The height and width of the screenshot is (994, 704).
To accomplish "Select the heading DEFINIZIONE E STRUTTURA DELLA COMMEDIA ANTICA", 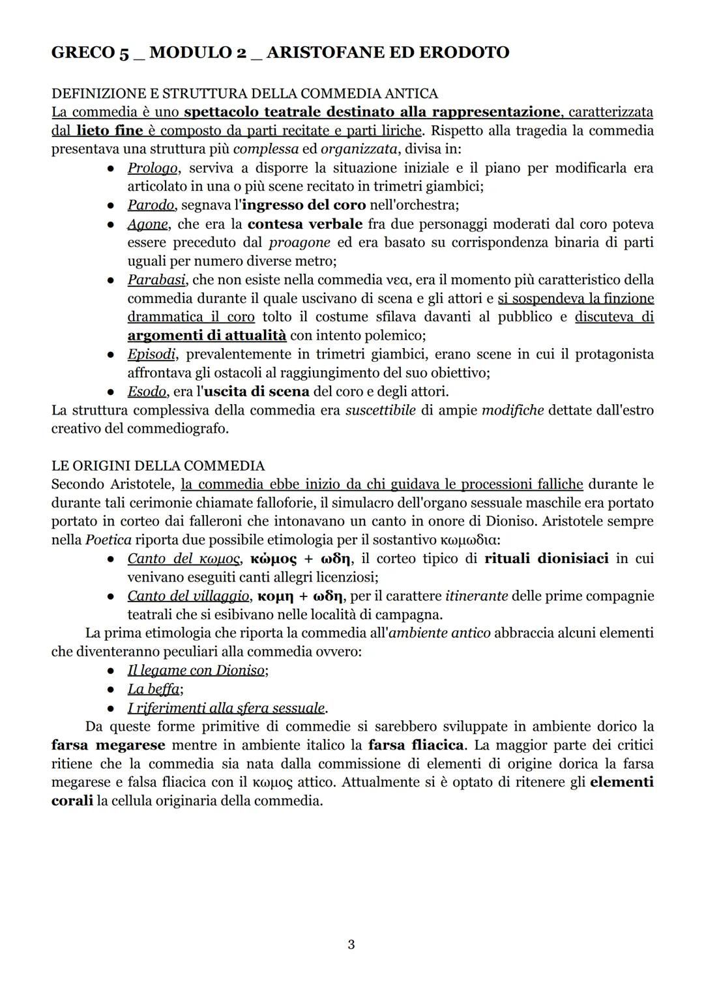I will tap(244, 94).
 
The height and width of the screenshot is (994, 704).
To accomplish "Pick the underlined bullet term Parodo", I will tap(151, 205).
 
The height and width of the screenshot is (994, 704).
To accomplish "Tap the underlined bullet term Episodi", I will tap(151, 355).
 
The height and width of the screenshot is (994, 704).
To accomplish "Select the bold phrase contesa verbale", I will tap(305, 224).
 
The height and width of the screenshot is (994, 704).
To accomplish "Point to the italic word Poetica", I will tap(108, 540).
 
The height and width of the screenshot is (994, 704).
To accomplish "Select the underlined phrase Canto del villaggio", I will tap(188, 596).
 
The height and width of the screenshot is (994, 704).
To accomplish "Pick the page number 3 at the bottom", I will tap(351, 944).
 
